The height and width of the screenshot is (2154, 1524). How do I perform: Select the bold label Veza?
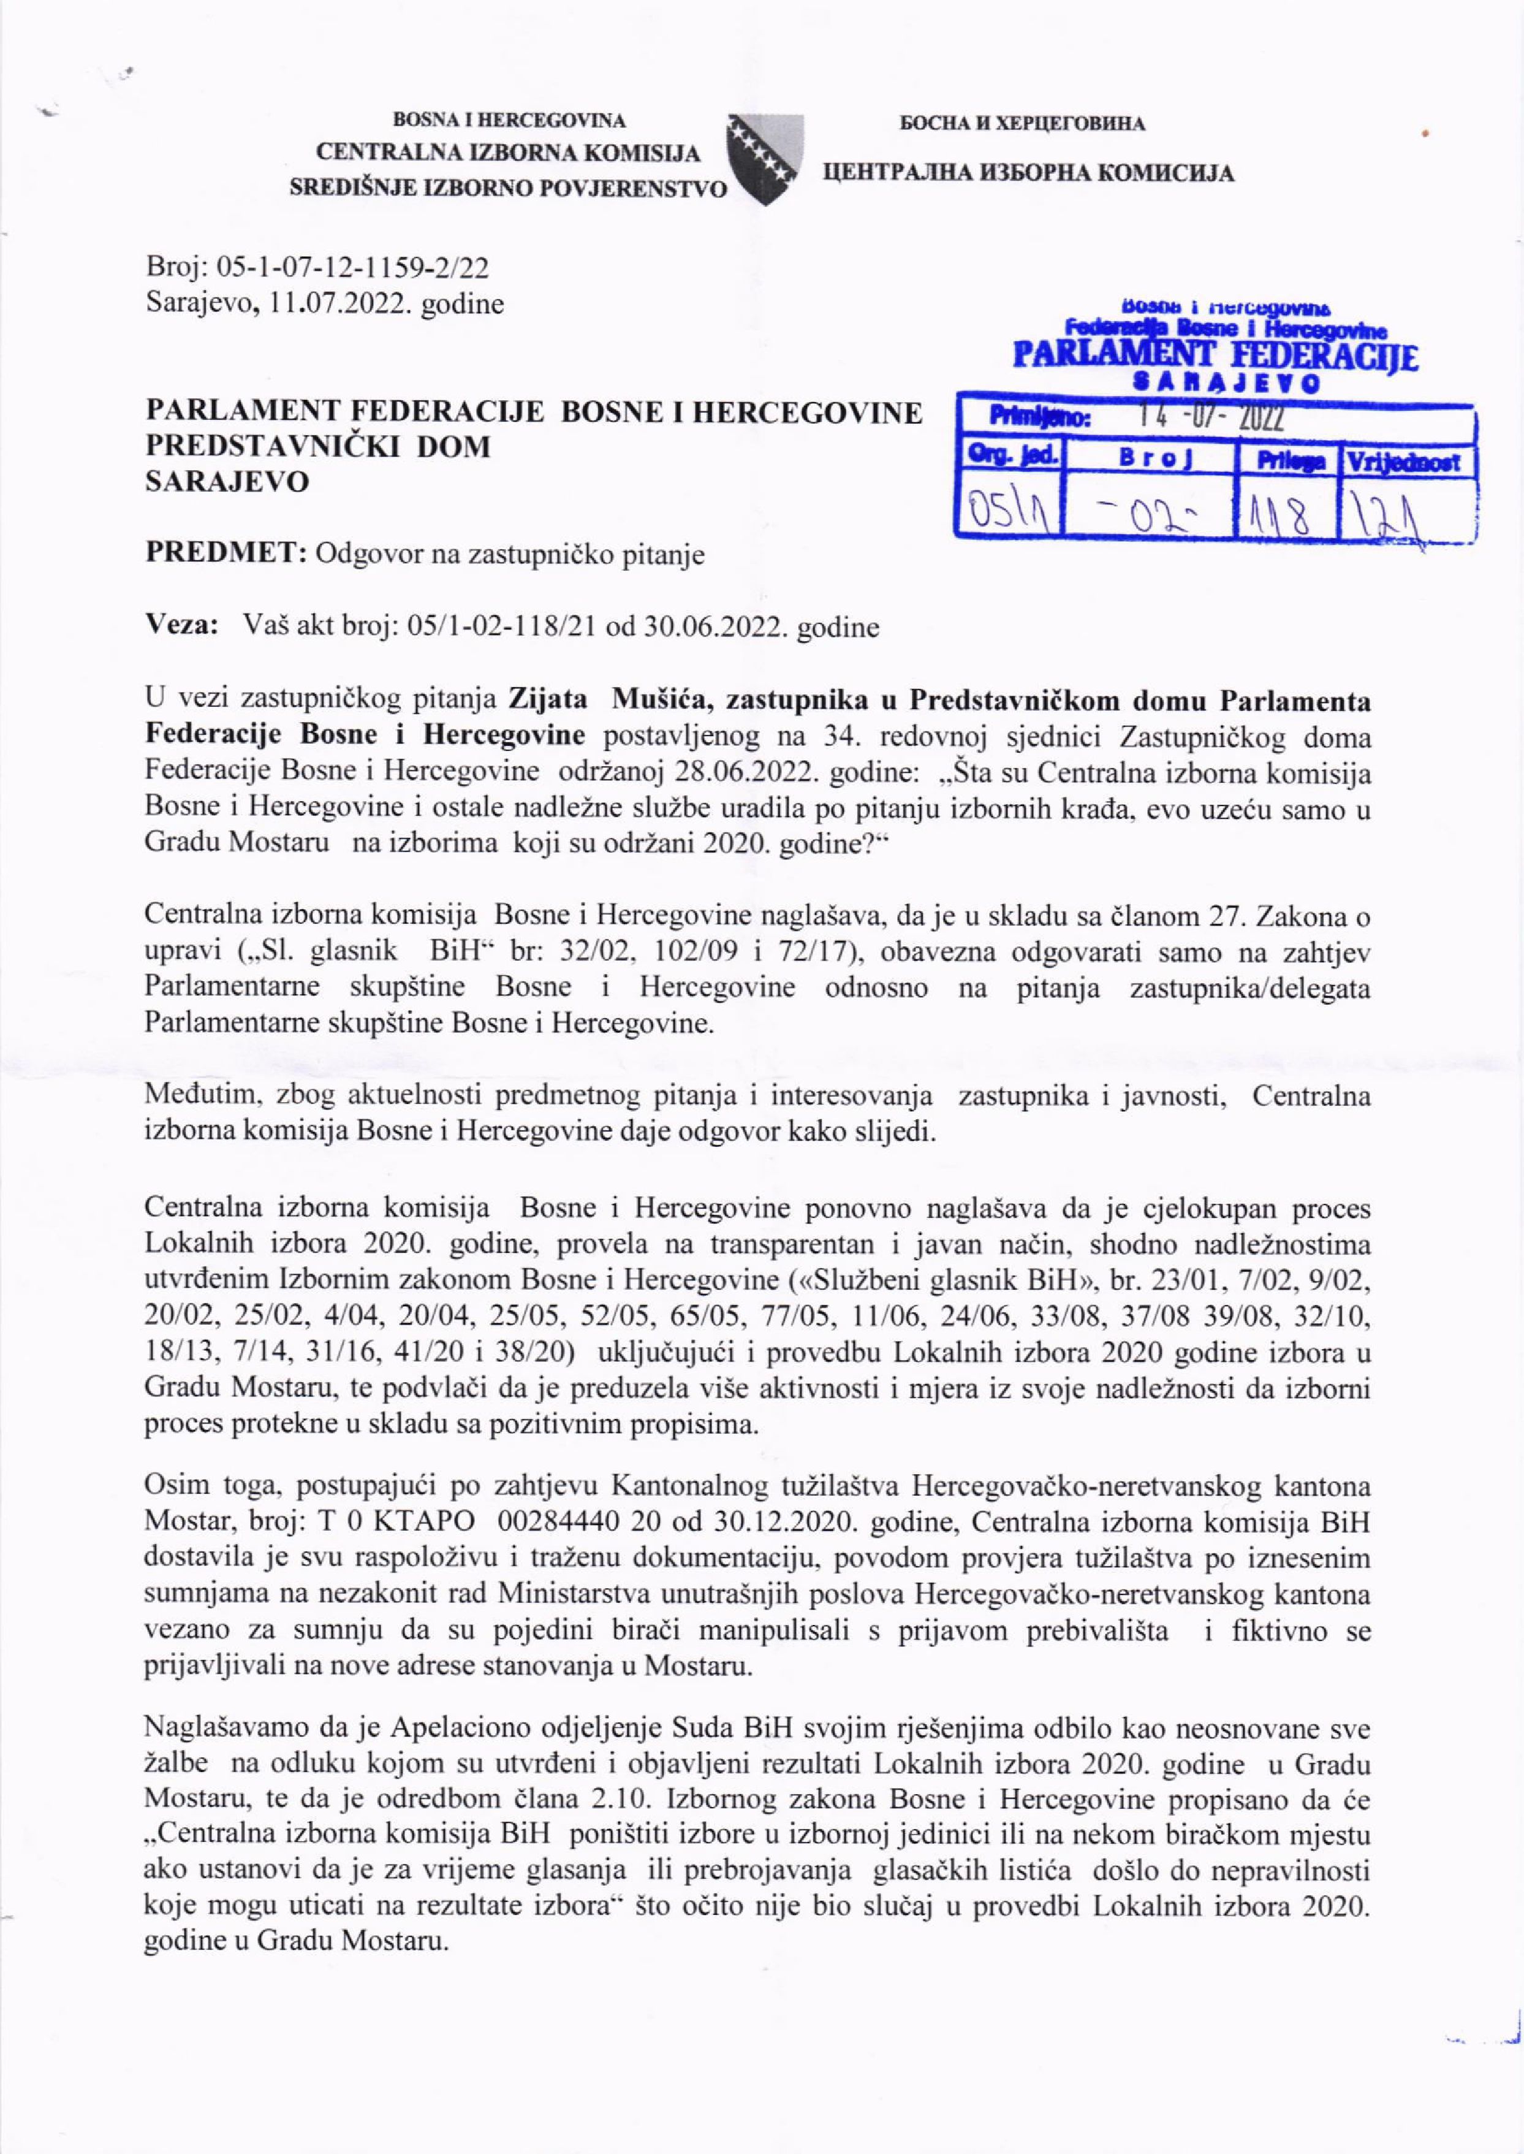(x=182, y=625)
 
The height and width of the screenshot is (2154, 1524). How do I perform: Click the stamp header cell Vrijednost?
(x=1408, y=462)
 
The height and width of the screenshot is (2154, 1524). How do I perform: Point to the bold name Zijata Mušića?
(x=595, y=701)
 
